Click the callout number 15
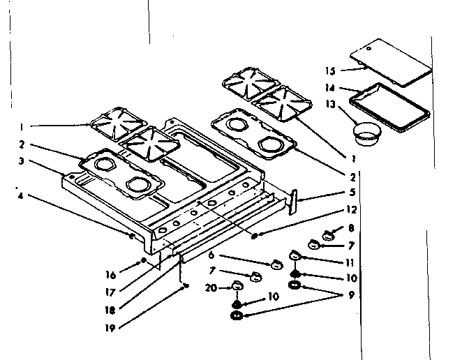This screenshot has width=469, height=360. (x=330, y=70)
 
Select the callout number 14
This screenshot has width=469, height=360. (x=330, y=88)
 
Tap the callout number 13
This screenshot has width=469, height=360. (x=330, y=105)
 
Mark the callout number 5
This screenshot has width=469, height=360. (x=352, y=192)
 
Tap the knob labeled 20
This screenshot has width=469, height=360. (x=237, y=285)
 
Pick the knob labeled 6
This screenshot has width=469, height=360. (x=276, y=264)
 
